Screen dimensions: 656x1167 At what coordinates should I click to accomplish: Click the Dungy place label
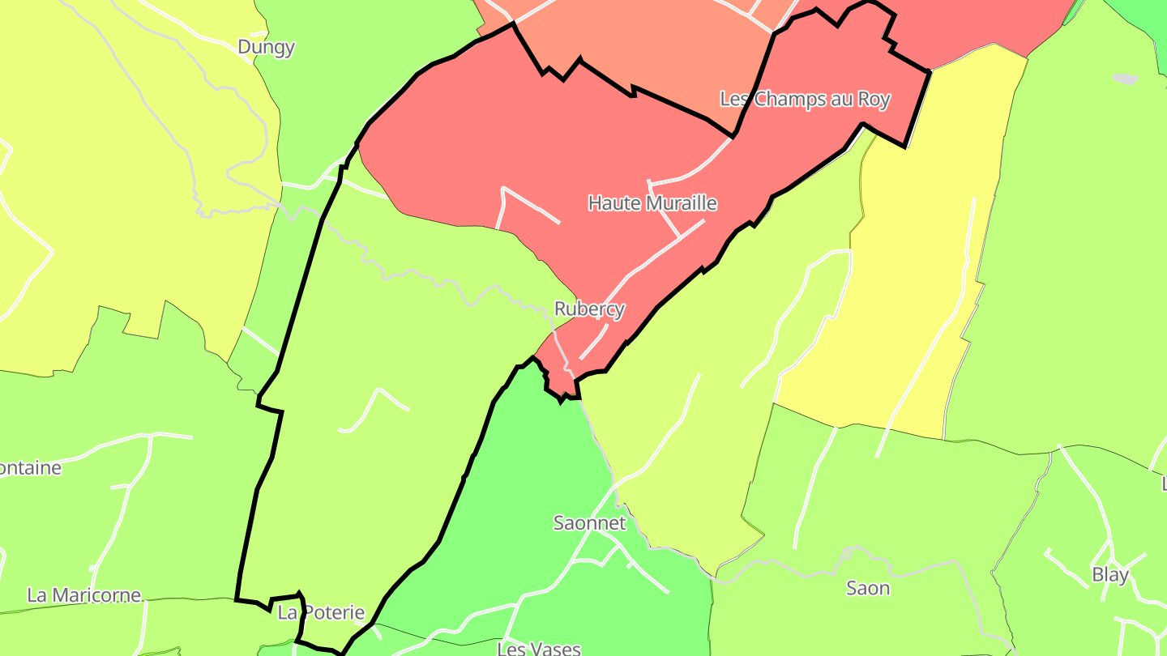click(266, 47)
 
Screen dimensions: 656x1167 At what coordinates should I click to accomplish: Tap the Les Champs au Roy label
click(805, 100)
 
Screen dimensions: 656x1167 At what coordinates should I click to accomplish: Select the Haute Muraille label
click(652, 202)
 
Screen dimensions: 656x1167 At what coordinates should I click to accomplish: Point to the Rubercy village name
click(589, 309)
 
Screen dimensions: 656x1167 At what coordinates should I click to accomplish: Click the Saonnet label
click(589, 522)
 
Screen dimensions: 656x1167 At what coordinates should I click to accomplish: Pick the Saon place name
click(868, 588)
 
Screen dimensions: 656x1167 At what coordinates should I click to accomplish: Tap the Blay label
click(1110, 575)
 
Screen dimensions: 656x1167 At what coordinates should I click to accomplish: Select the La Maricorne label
click(83, 595)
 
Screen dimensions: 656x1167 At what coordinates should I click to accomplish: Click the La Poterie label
click(321, 612)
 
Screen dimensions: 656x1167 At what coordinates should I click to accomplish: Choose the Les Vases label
click(538, 648)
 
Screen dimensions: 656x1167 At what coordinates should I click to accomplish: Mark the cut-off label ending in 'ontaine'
click(31, 468)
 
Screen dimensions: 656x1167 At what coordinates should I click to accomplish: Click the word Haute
click(613, 202)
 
